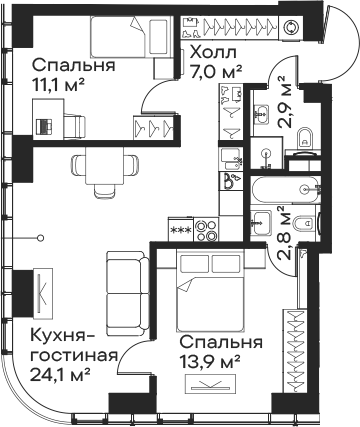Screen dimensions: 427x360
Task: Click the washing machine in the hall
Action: click(x=291, y=28)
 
